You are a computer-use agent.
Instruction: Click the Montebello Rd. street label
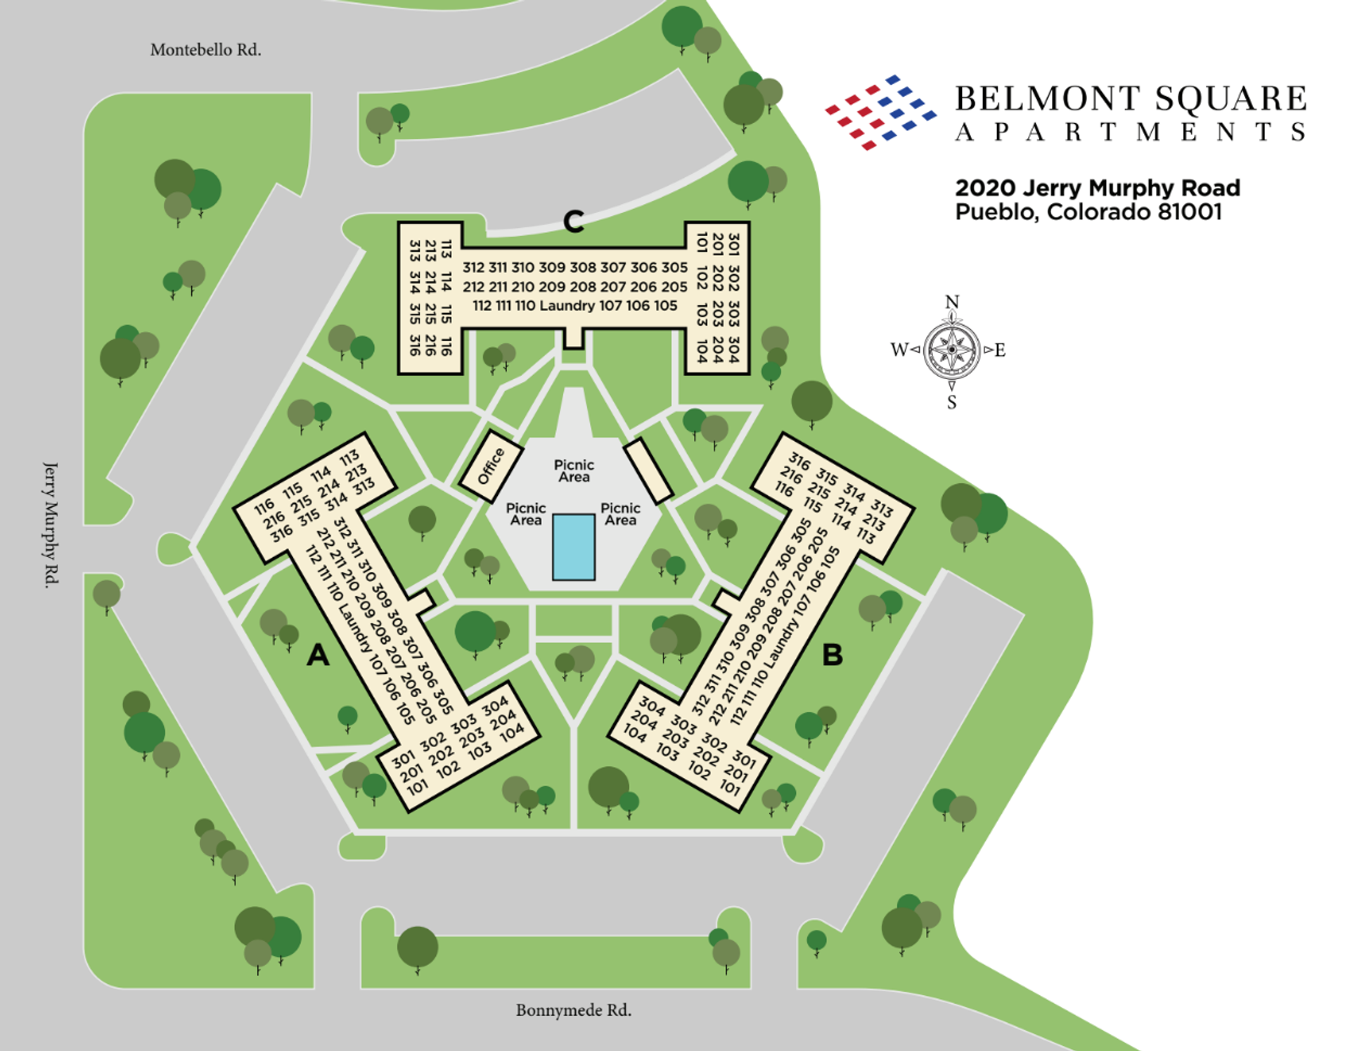click(205, 50)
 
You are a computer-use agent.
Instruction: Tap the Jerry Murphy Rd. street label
click(51, 524)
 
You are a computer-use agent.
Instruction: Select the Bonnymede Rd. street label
click(573, 1010)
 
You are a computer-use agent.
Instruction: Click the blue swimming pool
click(573, 547)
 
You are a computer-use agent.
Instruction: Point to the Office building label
click(491, 466)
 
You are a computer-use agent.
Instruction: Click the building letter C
click(574, 222)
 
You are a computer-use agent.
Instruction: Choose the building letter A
click(318, 655)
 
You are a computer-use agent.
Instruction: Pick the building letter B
click(832, 655)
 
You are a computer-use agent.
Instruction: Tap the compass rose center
click(951, 350)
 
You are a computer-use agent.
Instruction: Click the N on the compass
click(952, 302)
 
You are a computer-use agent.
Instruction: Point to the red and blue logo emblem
click(880, 113)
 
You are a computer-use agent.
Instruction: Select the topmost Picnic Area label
click(574, 471)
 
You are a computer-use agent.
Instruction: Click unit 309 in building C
click(552, 267)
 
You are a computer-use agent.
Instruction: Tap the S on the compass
click(951, 402)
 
